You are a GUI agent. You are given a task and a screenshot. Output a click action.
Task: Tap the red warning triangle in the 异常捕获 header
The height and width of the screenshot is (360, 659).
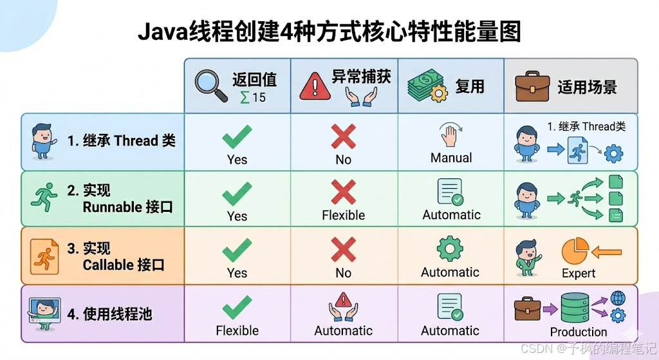(x=315, y=86)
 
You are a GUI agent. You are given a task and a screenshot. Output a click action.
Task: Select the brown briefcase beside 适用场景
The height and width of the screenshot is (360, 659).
(x=530, y=86)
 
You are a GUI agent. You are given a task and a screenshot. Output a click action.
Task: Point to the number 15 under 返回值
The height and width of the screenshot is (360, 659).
(x=258, y=98)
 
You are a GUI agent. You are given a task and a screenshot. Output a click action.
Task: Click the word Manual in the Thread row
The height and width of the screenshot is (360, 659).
(x=450, y=158)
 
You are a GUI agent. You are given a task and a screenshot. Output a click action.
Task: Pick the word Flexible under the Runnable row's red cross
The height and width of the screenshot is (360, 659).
(x=343, y=215)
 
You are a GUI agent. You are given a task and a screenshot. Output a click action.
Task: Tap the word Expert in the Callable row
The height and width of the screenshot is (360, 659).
(x=578, y=273)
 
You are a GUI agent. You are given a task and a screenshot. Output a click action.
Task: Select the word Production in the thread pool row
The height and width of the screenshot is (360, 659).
(x=578, y=332)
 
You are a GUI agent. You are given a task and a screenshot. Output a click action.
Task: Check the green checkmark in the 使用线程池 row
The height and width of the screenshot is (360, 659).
(x=237, y=308)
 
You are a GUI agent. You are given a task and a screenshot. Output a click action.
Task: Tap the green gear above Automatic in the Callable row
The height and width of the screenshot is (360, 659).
(x=450, y=249)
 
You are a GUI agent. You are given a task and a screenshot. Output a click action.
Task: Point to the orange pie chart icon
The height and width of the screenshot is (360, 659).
(x=575, y=251)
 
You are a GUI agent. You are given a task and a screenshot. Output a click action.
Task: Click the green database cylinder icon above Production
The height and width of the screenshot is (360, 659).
(x=575, y=308)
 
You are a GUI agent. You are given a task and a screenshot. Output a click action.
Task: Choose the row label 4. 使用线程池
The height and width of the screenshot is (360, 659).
(x=109, y=314)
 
